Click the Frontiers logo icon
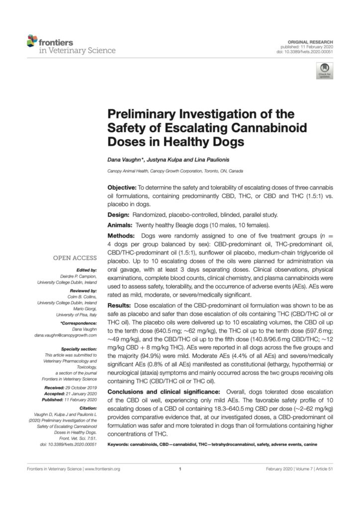(x=32, y=41)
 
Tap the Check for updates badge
(x=325, y=71)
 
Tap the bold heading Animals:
(x=122, y=225)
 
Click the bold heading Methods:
(x=123, y=235)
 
